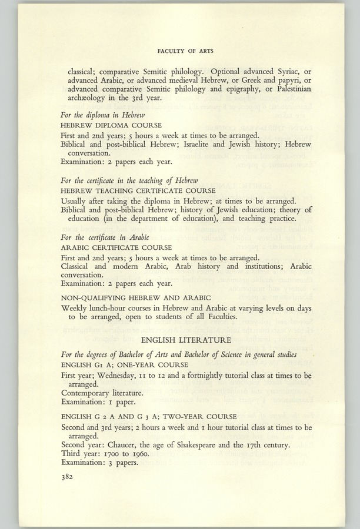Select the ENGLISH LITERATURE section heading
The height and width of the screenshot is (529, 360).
point(186,340)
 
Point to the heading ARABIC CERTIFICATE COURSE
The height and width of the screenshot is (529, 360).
point(116,247)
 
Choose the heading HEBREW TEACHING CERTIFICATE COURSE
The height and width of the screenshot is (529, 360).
point(135,192)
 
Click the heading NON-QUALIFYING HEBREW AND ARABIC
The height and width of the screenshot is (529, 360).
point(136,297)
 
